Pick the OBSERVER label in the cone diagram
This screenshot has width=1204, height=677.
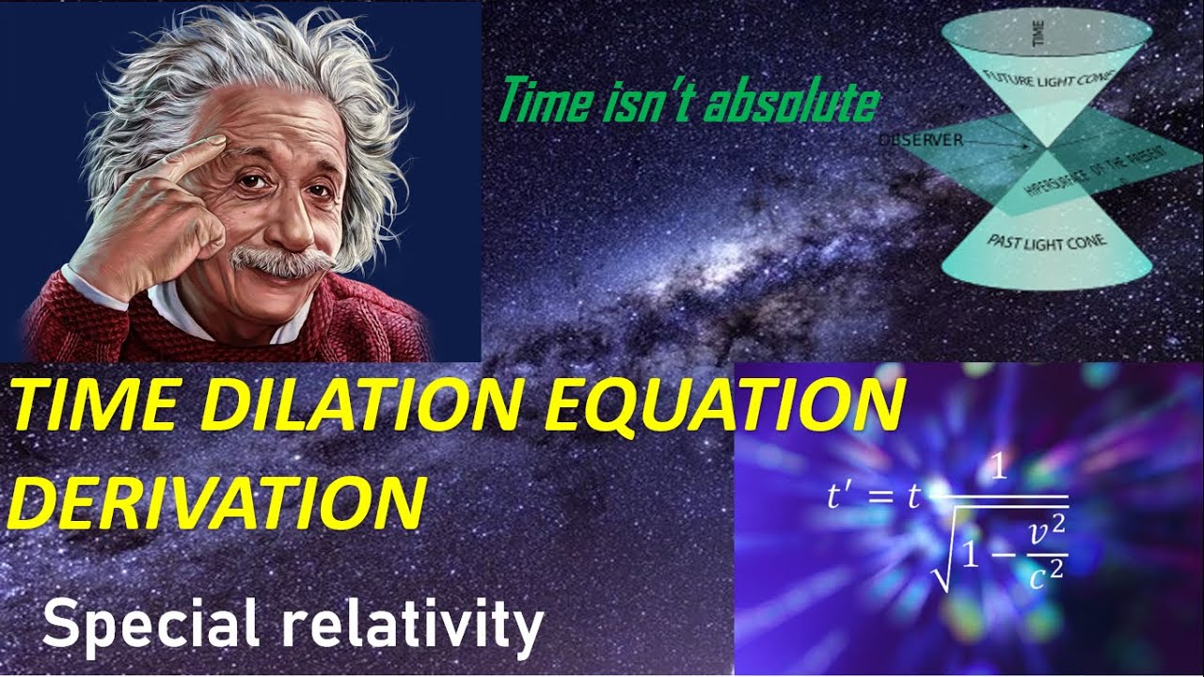[921, 140]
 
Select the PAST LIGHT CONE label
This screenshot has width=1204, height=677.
[1047, 242]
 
